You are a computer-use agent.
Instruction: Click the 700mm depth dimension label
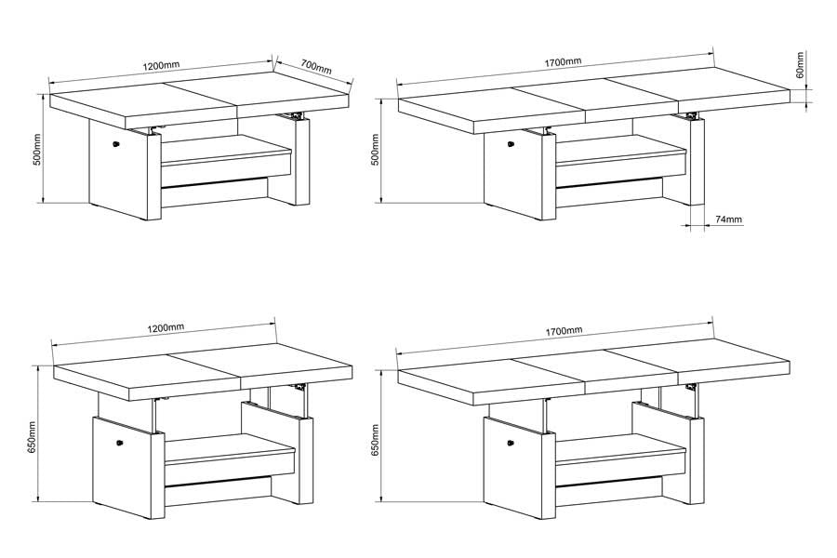316,67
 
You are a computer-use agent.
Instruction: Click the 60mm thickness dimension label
800,64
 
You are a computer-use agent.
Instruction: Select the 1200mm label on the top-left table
161,66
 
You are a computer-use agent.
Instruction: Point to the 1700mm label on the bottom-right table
564,331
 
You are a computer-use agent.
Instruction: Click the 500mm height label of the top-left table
37,149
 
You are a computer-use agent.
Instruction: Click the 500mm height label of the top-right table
375,150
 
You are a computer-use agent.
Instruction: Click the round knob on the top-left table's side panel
115,143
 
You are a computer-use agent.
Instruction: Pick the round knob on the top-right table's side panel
511,143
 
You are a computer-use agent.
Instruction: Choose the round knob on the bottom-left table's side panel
120,442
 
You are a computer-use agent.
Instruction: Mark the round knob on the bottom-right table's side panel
511,443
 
